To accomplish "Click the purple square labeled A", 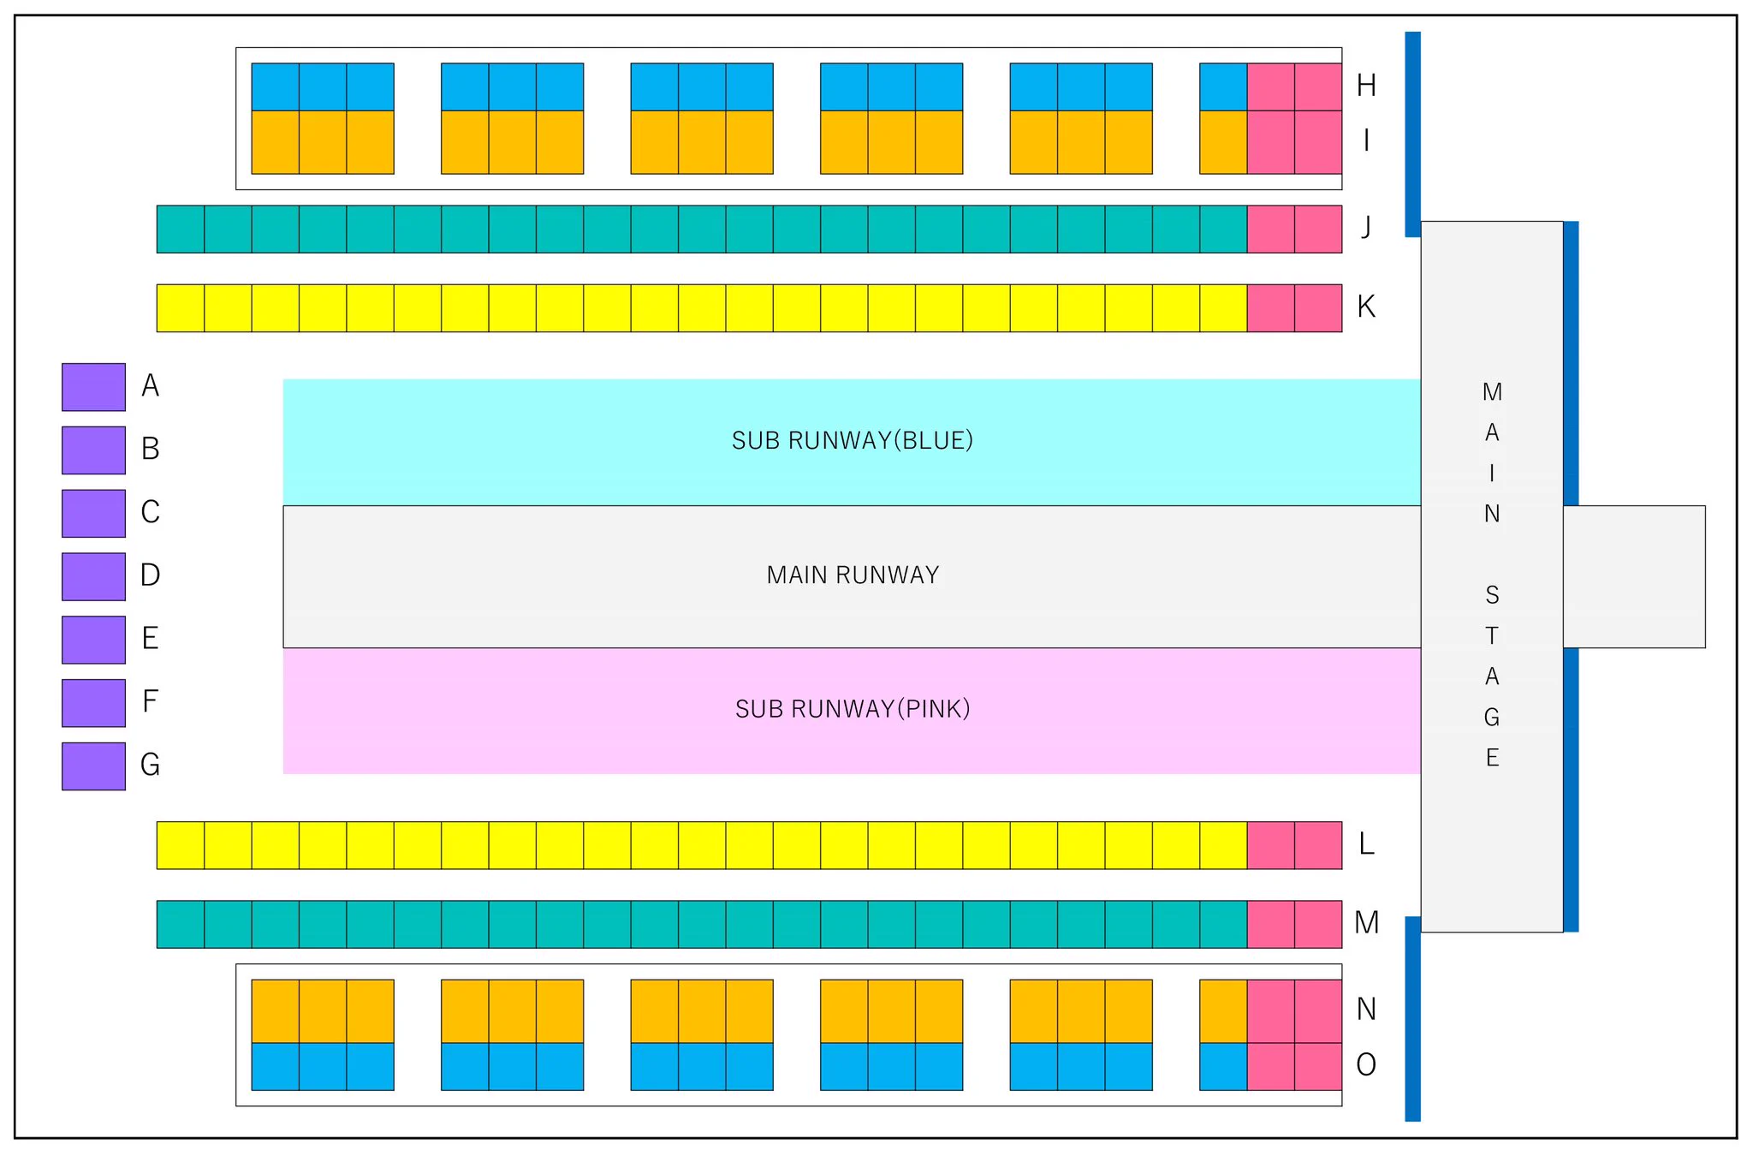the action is point(93,387).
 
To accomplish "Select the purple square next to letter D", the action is point(93,576).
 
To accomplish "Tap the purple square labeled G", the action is point(93,766).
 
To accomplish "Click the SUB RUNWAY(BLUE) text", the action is point(853,440).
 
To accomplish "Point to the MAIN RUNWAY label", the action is point(853,575).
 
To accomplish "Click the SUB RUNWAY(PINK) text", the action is point(853,709).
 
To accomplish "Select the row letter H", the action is point(1366,86).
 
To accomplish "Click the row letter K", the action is point(1366,307).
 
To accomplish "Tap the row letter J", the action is point(1366,227).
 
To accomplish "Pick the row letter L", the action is point(1367,843).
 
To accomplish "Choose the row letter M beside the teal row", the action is point(1367,922).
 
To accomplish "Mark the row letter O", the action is point(1366,1064).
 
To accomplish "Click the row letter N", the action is point(1366,1009).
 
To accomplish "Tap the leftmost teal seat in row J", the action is point(181,229).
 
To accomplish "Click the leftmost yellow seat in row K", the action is point(181,307).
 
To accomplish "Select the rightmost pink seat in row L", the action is point(1318,845).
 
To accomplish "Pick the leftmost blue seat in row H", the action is point(276,86).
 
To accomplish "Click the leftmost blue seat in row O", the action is point(276,1066).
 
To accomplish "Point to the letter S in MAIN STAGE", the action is point(1492,595).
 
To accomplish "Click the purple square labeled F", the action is point(93,702).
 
